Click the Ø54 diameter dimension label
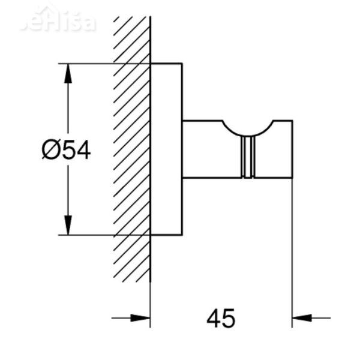67,149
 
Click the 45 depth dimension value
221,318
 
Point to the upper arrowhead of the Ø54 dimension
68,72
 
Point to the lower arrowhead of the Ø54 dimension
68,226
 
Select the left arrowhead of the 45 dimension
140,317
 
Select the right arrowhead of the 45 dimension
301,317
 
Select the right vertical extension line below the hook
292,252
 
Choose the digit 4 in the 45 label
214,318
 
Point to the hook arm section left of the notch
204,150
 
